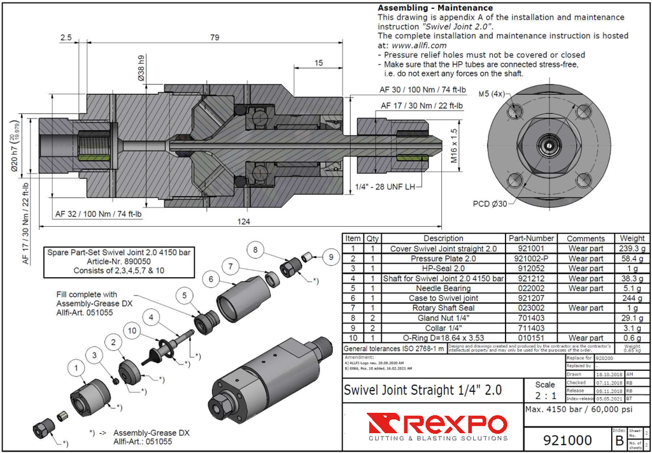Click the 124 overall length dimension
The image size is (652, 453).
pos(243,221)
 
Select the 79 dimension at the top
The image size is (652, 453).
pos(215,38)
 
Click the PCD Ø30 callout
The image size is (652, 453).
pos(490,204)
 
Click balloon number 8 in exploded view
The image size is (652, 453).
pos(255,250)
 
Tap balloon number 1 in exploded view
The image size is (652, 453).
pos(77,367)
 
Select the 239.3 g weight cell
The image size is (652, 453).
pos(633,249)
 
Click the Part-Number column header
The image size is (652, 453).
pos(532,238)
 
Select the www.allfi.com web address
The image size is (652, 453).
pos(419,45)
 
